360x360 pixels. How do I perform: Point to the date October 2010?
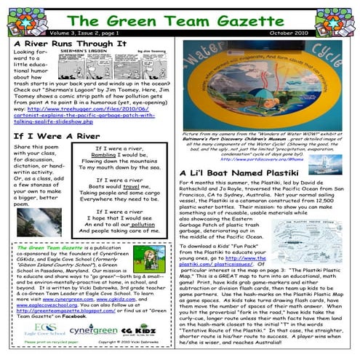pos(321,33)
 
